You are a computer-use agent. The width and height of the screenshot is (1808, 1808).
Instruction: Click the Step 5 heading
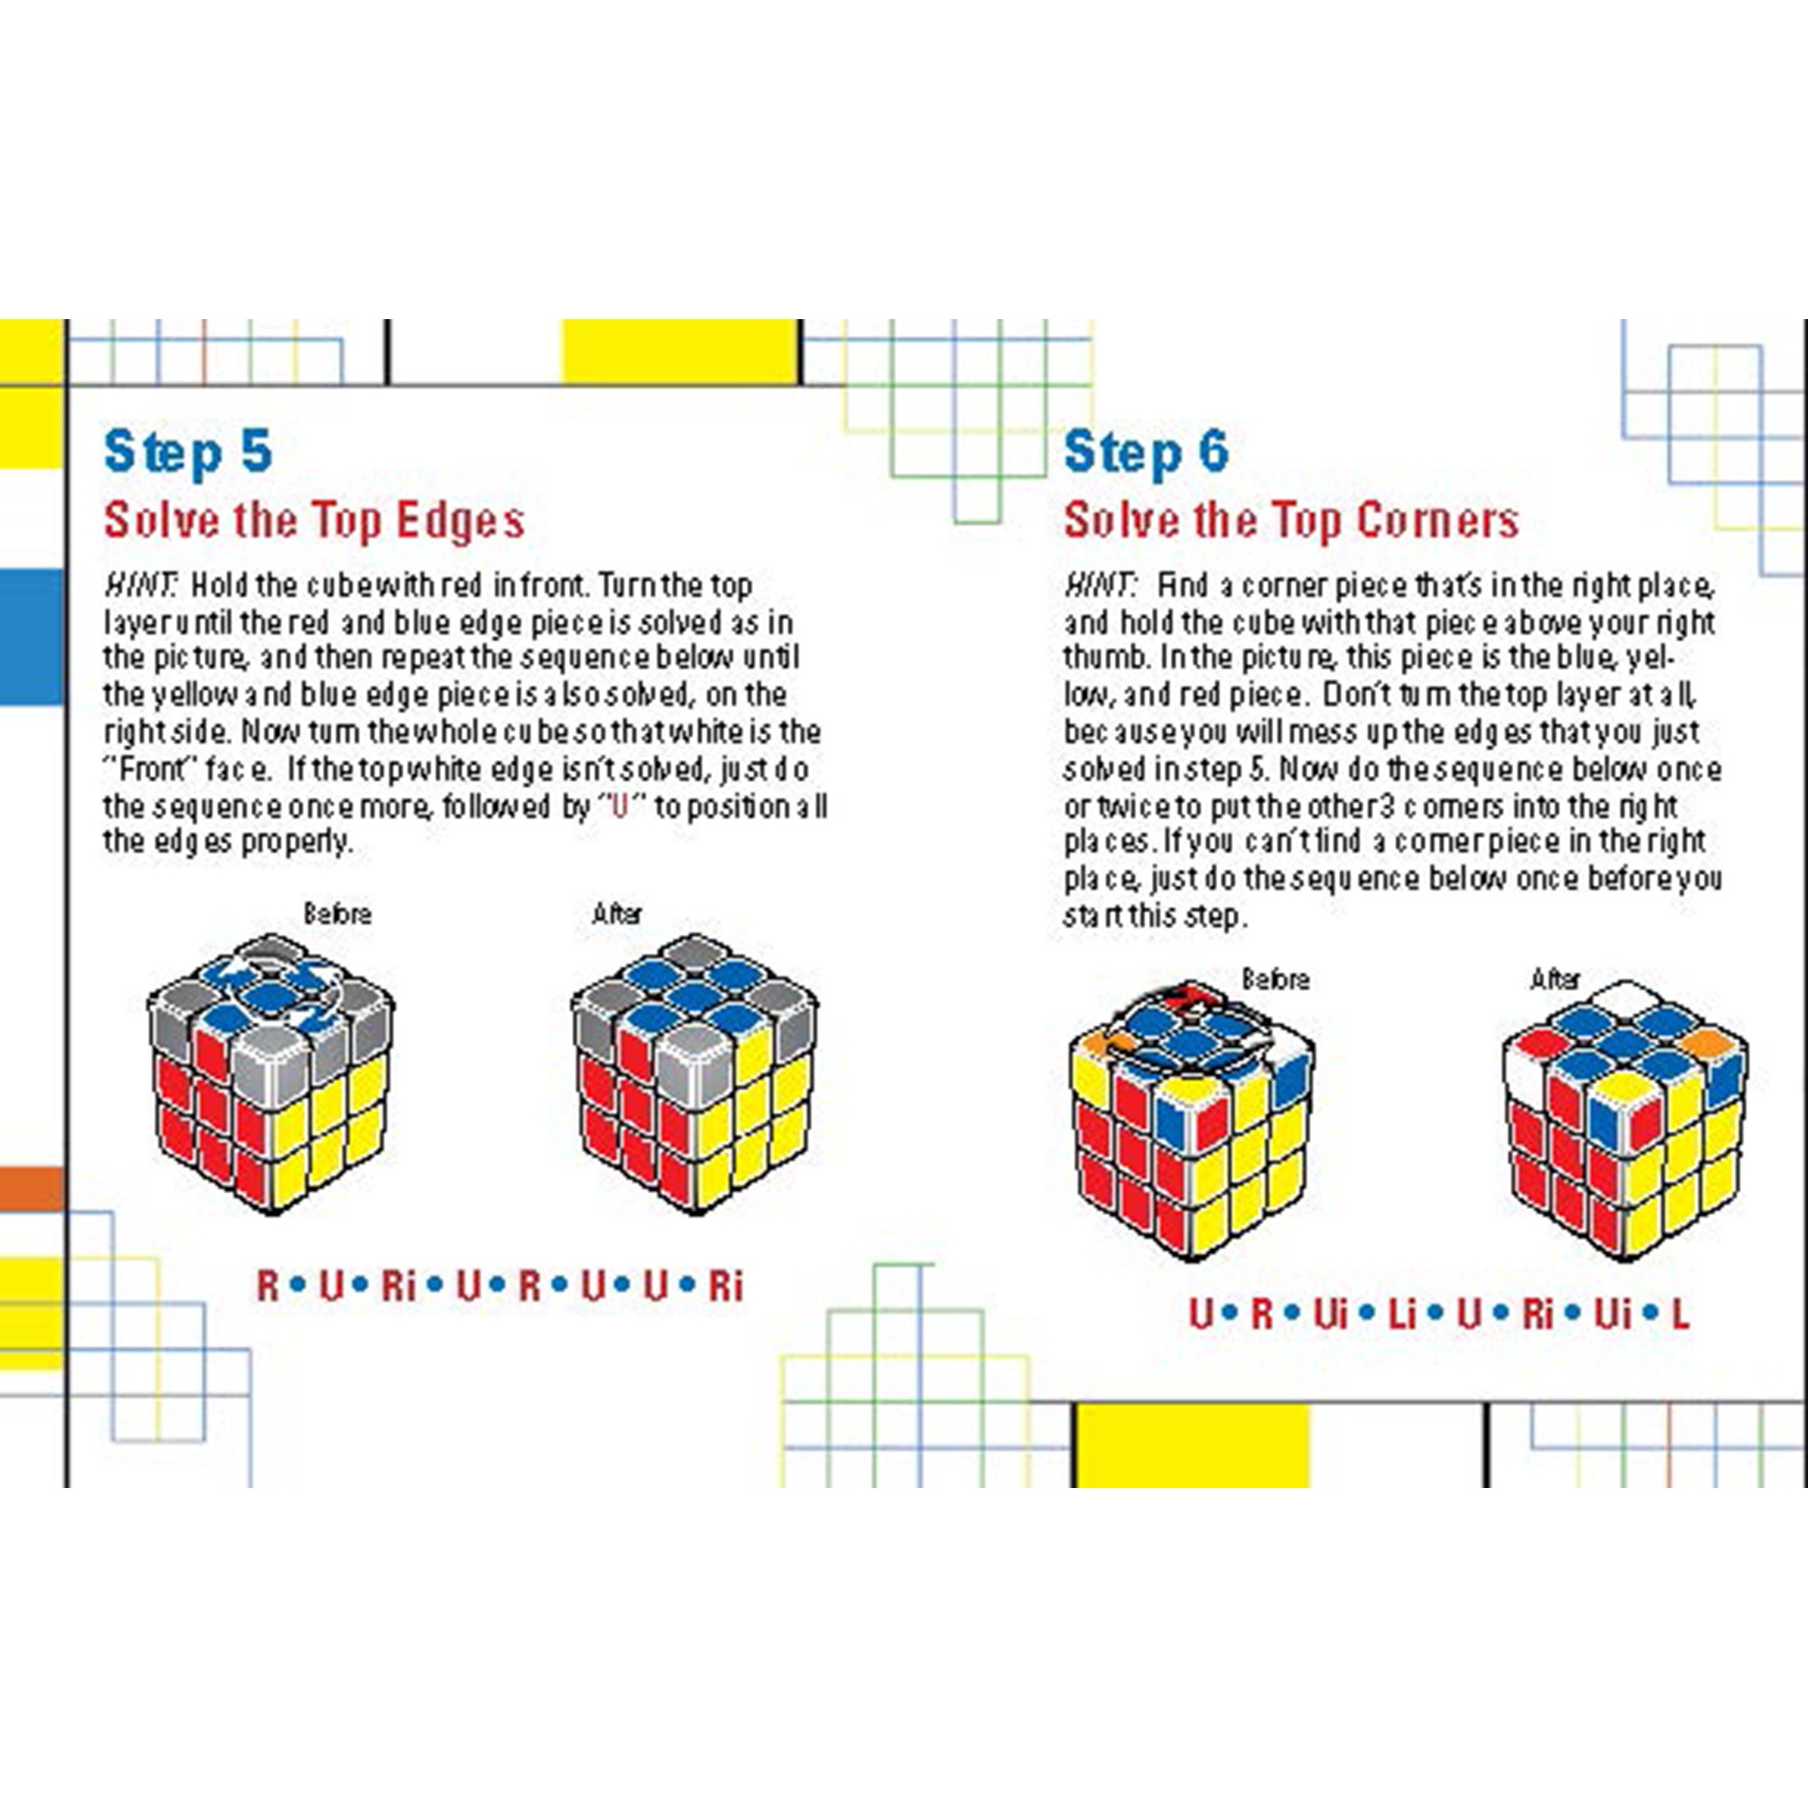(x=187, y=453)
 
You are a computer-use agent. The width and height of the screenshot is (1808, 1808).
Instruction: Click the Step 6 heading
(x=1145, y=453)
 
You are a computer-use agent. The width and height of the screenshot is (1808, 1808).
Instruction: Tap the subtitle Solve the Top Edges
(x=314, y=521)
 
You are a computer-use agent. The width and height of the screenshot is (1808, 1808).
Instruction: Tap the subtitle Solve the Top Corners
(x=1291, y=521)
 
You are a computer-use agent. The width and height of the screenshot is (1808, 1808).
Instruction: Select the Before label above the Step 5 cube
(x=337, y=913)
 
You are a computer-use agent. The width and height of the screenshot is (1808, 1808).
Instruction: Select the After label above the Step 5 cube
(x=617, y=913)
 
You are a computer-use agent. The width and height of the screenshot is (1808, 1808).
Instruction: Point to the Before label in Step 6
(x=1275, y=980)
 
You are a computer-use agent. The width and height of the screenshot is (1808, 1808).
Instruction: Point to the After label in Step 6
(x=1554, y=980)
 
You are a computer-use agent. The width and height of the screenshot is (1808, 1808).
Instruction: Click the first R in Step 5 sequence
(x=268, y=1286)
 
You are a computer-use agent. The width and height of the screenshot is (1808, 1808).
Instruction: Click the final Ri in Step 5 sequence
(x=725, y=1286)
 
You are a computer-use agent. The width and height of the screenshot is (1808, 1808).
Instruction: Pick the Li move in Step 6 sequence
(x=1401, y=1315)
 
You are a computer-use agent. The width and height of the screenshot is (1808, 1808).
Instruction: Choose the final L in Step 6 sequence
(x=1680, y=1315)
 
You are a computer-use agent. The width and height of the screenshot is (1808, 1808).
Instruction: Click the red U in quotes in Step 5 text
(x=618, y=805)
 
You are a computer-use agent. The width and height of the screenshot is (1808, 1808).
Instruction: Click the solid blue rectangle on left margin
(x=31, y=636)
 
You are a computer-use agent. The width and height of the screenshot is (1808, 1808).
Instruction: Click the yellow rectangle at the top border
(x=679, y=352)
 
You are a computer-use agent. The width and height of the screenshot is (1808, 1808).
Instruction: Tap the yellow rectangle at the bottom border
(x=1192, y=1445)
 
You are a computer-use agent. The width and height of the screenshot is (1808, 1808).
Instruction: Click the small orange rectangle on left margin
(x=31, y=1188)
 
